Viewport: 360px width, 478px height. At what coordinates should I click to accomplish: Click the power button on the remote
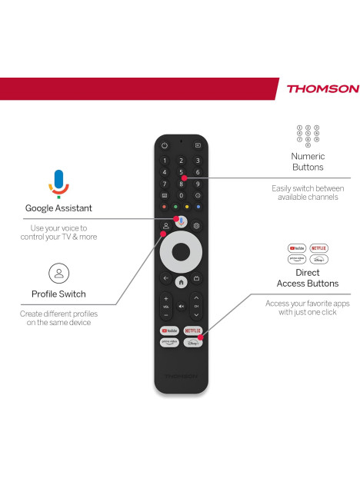click(x=165, y=145)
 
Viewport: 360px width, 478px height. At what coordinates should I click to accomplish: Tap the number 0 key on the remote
click(x=181, y=195)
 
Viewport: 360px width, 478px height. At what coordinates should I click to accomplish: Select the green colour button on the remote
click(x=175, y=207)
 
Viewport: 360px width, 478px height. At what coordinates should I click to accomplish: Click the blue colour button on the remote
click(x=198, y=207)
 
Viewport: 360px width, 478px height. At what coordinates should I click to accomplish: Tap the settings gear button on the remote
click(x=196, y=226)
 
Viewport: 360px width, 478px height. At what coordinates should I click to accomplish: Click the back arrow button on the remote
click(x=165, y=278)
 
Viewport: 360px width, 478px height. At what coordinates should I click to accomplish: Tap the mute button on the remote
click(x=182, y=306)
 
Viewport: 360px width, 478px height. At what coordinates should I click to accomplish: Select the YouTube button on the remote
click(x=169, y=330)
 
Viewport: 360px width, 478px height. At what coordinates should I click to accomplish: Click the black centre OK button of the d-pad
click(x=181, y=252)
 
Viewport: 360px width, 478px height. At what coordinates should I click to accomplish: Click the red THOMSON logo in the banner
click(x=323, y=88)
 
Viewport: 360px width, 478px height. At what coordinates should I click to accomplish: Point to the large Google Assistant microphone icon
click(x=59, y=184)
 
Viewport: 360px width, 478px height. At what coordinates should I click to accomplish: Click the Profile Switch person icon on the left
click(x=59, y=273)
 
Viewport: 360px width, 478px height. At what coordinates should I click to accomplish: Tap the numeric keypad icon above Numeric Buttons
click(x=308, y=136)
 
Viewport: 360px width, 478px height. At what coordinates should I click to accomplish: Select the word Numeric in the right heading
click(x=308, y=156)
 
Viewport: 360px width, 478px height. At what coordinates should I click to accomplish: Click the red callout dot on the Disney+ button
click(x=201, y=337)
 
